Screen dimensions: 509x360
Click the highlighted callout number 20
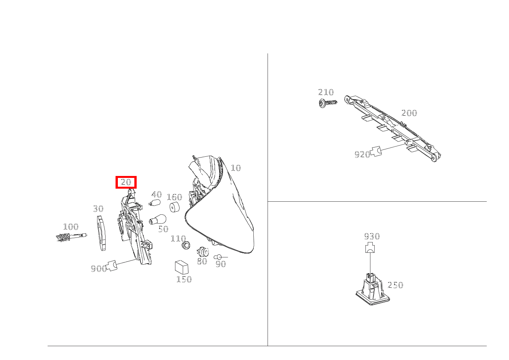(x=126, y=182)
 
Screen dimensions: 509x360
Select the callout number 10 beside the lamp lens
(x=236, y=168)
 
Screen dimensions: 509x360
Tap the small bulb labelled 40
(x=155, y=202)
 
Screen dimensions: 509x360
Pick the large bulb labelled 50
(x=157, y=219)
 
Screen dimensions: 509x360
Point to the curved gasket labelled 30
(x=101, y=233)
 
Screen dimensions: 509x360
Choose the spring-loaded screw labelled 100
(x=71, y=237)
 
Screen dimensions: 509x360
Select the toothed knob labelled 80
(x=203, y=252)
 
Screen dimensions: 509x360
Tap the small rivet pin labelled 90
(x=220, y=257)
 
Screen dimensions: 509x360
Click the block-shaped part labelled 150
(x=182, y=267)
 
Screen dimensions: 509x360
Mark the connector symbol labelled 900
(x=111, y=265)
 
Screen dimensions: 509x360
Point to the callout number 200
(x=409, y=113)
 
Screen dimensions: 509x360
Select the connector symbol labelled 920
(x=376, y=151)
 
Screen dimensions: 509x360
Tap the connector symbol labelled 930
(x=370, y=248)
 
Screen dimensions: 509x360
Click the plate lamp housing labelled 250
(x=373, y=290)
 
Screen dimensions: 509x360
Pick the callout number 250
(x=395, y=285)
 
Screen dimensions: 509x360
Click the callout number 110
(x=178, y=239)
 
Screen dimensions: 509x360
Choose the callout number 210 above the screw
(x=326, y=92)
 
